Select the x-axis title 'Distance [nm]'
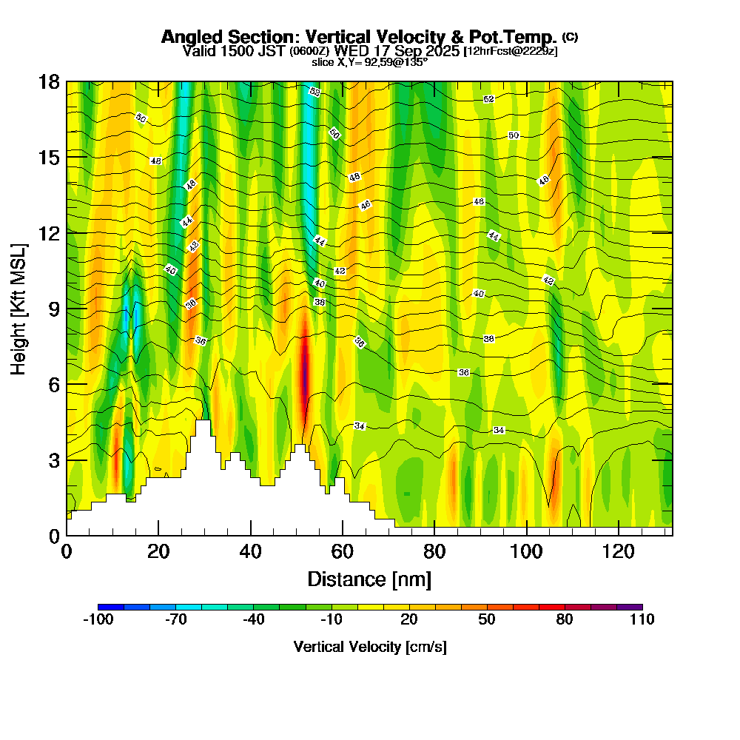(369, 578)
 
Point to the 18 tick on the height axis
(49, 82)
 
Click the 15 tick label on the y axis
(49, 158)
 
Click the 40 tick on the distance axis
(251, 552)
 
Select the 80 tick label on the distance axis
(434, 552)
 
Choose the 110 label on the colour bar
(642, 620)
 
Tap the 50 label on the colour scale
(486, 620)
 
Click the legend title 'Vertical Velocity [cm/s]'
(369, 647)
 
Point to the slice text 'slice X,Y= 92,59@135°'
(369, 63)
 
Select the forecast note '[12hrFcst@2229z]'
(510, 51)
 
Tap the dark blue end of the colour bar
(104, 607)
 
